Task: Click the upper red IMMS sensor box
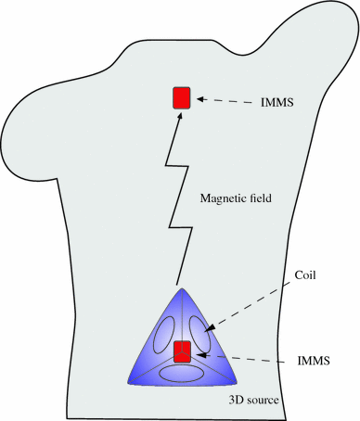click(182, 97)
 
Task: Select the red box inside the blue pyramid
click(182, 351)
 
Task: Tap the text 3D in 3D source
click(235, 401)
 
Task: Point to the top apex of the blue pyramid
click(182, 287)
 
